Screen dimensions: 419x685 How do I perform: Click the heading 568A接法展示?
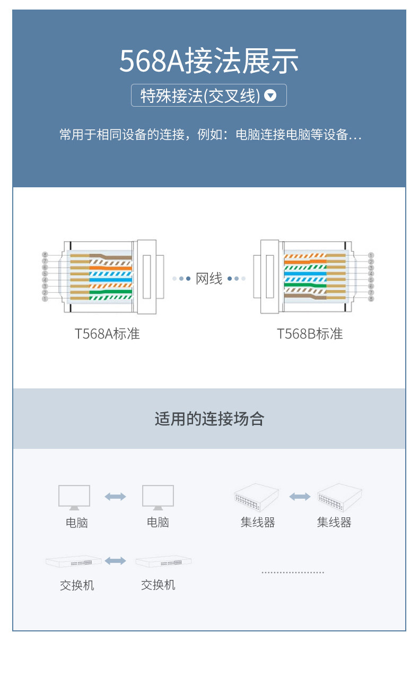pos(209,62)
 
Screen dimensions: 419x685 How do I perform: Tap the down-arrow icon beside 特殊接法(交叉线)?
pos(270,96)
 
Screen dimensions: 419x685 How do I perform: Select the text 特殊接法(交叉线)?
pos(200,96)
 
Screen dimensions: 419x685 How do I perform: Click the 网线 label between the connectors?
pos(209,278)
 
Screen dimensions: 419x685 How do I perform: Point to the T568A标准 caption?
pos(107,334)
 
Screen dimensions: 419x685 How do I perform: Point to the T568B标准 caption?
pos(310,334)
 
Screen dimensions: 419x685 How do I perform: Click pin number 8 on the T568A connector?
pos(45,255)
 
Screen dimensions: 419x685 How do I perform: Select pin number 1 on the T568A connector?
pos(45,299)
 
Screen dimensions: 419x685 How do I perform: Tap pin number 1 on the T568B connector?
pos(371,255)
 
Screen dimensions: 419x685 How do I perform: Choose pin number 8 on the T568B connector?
pos(371,299)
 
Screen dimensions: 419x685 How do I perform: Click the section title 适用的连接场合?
pos(209,419)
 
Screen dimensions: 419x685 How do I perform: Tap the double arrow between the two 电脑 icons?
pos(115,497)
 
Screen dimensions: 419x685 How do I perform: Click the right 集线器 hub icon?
pos(339,497)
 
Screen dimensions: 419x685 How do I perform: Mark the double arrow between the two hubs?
pos(300,497)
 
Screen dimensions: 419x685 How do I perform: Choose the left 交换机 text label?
pos(77,586)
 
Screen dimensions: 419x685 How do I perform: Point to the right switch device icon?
pos(163,561)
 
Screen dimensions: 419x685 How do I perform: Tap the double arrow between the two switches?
pos(116,561)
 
